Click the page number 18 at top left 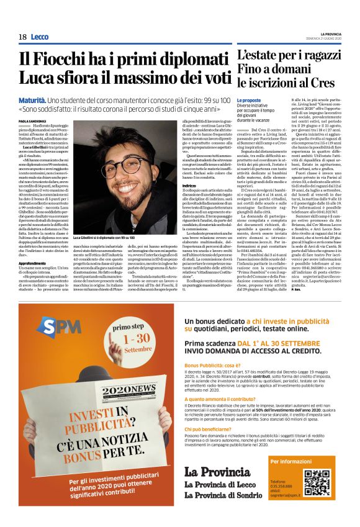(22, 37)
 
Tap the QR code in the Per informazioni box (319, 483)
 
